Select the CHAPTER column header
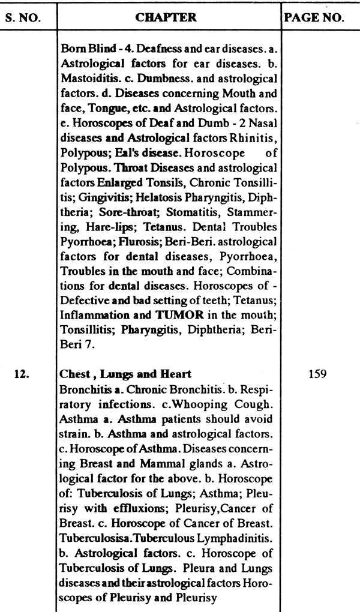click(166, 17)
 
